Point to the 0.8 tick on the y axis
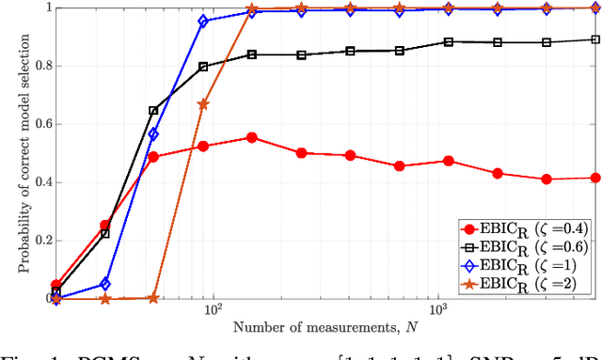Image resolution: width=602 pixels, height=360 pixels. (40, 66)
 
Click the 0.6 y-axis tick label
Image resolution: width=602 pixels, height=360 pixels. (40, 124)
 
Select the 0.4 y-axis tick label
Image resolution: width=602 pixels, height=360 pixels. (40, 182)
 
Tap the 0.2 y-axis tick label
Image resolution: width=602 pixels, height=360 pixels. (40, 241)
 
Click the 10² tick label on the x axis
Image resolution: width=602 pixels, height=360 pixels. (213, 311)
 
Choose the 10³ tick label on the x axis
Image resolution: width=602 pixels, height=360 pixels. (437, 311)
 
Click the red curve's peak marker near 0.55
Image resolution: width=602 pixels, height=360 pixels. (251, 137)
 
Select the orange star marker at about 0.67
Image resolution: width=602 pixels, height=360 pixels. (203, 104)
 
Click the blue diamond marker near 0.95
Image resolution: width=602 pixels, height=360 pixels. (203, 21)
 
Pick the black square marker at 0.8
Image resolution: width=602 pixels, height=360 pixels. (203, 66)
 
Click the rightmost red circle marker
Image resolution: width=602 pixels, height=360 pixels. (594, 178)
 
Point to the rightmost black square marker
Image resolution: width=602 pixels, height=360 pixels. (594, 39)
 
